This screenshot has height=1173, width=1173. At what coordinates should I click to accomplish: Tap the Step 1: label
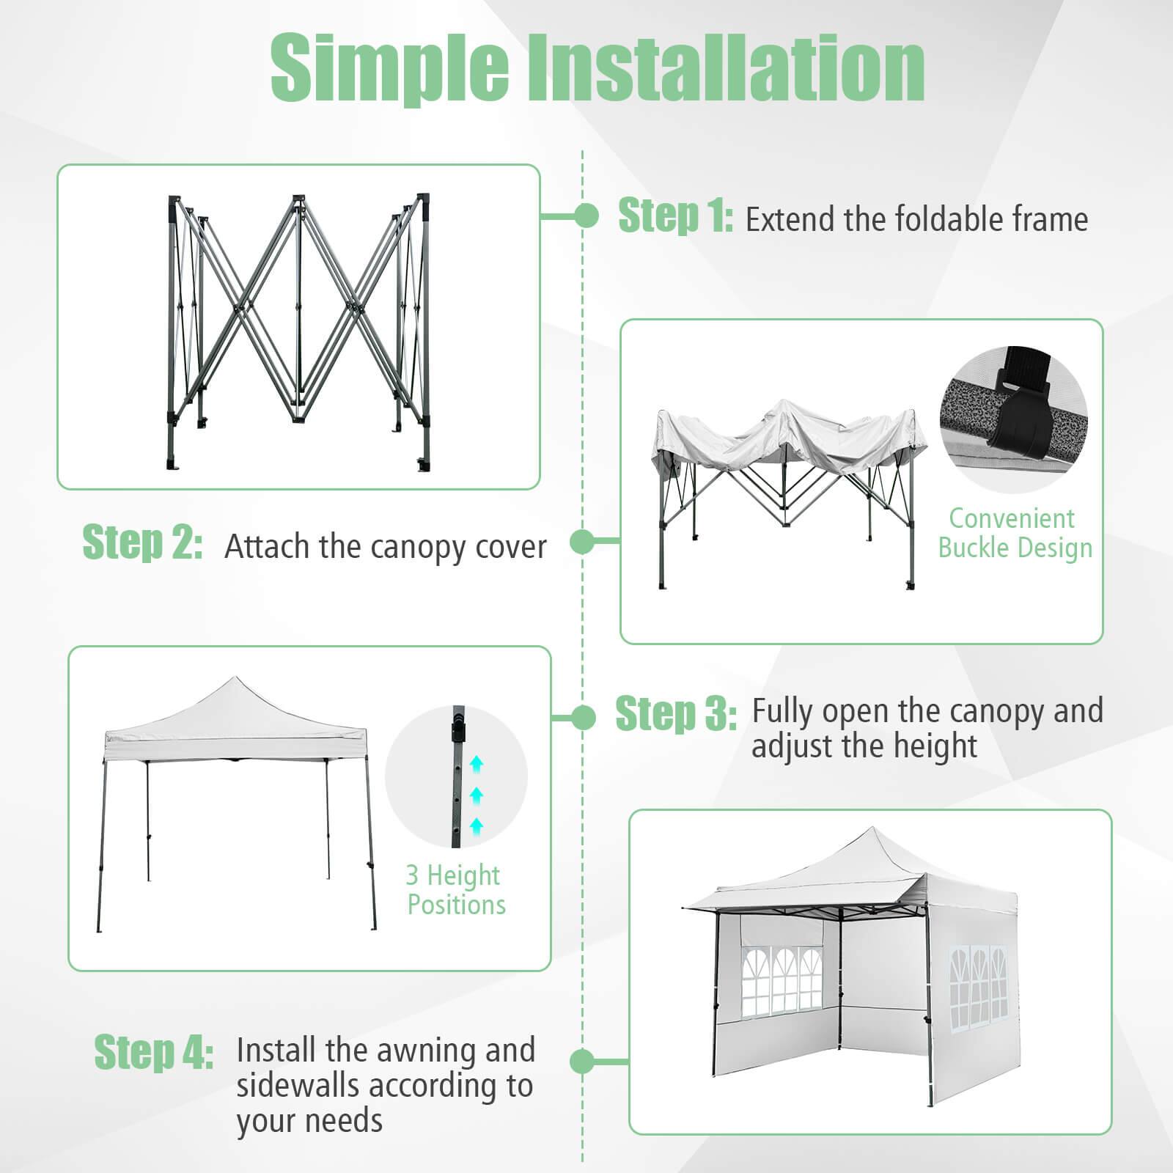[x=674, y=216]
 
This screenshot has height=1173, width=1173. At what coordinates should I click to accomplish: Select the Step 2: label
[x=142, y=543]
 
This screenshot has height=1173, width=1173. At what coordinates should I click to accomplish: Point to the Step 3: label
[x=675, y=713]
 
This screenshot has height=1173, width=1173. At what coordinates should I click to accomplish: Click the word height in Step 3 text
[x=935, y=746]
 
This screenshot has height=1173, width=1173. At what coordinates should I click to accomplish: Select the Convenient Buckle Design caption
[x=1013, y=534]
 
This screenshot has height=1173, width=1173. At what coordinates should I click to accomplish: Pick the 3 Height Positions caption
[x=455, y=890]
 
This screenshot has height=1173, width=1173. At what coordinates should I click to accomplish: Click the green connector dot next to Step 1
[x=586, y=216]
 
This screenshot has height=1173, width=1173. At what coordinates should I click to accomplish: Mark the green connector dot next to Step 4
[x=581, y=1061]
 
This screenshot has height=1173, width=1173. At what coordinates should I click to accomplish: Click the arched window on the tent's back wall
[x=780, y=983]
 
